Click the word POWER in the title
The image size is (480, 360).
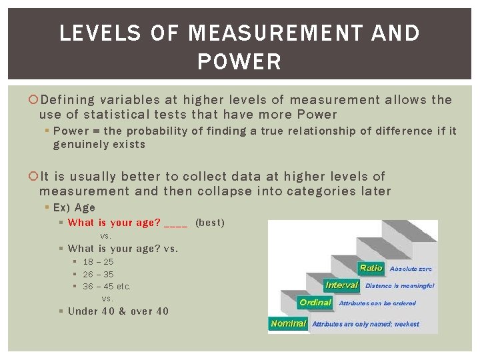pos(239,62)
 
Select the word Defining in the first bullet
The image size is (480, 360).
pos(67,100)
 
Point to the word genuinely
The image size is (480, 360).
pos(81,144)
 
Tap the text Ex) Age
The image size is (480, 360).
pos(74,207)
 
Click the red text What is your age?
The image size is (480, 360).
pos(114,223)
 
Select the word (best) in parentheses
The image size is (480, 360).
pos(210,223)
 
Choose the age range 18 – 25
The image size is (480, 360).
pos(98,262)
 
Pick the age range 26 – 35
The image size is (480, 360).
pos(98,274)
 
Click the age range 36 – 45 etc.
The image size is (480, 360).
pos(107,286)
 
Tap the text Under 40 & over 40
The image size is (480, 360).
pos(118,311)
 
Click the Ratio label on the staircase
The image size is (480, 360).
pos(371,268)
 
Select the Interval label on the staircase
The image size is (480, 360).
pos(342,285)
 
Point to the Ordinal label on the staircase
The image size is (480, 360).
pos(315,303)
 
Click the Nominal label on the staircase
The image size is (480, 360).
pos(289,323)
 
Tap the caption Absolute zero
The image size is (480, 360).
pos(411,269)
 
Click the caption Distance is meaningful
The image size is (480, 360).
pos(399,285)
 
